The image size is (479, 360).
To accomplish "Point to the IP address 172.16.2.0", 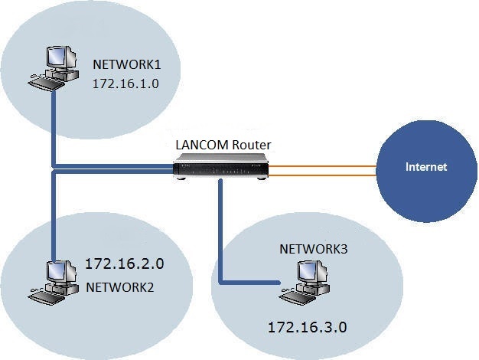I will click(125, 265).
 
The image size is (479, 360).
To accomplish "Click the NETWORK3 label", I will click(314, 249).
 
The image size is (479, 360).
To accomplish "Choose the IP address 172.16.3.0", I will click(307, 327).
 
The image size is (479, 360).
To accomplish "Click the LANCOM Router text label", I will click(222, 144).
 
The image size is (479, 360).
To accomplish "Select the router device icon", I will click(222, 165).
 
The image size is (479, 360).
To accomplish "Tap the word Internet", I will click(426, 166).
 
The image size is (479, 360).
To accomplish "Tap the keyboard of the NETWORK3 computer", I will click(298, 293).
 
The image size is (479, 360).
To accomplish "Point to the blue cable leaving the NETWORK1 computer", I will click(54, 123).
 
